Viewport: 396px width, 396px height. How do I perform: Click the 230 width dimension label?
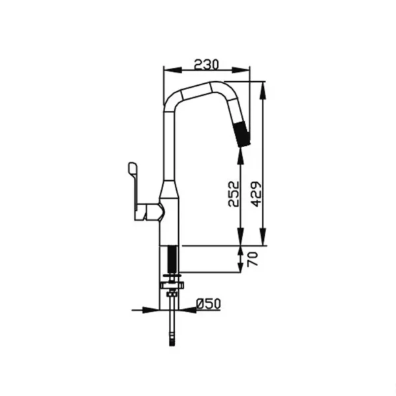tap(207, 64)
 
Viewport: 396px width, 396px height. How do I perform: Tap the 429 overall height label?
tap(257, 194)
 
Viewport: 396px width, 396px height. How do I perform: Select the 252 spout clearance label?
tap(233, 193)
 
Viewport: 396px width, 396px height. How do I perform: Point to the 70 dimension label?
tap(253, 259)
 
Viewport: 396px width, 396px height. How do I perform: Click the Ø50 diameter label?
tap(209, 304)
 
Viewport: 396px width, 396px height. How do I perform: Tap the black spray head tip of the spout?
tap(243, 134)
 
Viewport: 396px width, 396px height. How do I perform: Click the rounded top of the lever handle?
tap(133, 166)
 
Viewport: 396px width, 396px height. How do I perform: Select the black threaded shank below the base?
tap(172, 259)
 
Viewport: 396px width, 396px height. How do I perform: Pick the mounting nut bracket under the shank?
tap(172, 285)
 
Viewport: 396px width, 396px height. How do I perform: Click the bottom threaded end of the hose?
tap(172, 341)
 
